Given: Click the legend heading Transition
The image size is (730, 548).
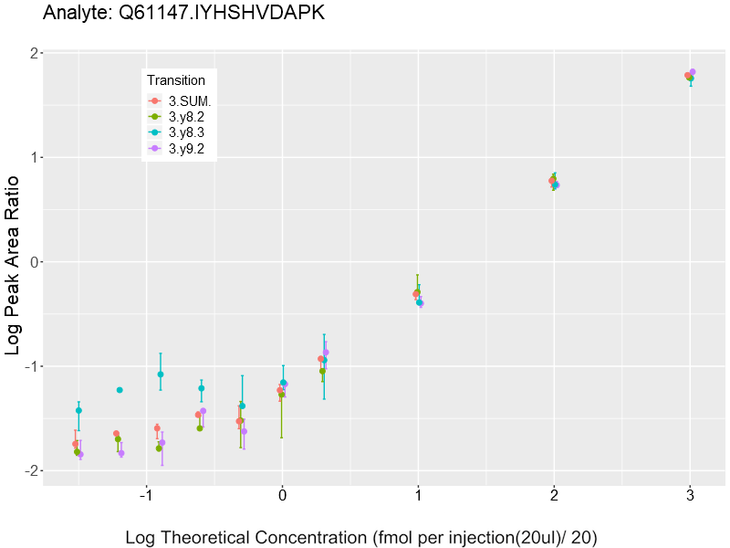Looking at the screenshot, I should [176, 80].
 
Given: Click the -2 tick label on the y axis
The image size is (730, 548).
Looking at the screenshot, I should [29, 471].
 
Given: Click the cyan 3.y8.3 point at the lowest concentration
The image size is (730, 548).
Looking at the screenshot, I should [78, 411].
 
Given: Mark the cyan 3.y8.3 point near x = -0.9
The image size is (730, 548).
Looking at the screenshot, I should [161, 374].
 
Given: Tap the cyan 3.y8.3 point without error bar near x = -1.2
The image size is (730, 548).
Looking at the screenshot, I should [120, 390].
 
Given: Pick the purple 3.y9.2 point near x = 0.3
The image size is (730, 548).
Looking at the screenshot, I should [326, 353].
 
